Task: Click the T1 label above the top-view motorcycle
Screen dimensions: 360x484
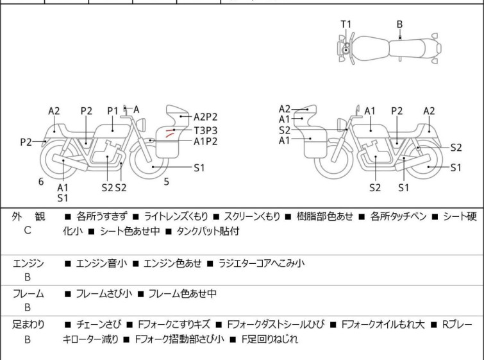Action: [x=346, y=24]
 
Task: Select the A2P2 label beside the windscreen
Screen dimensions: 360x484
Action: [x=206, y=117]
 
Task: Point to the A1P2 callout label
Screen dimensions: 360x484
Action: [x=206, y=142]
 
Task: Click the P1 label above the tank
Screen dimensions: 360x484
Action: [x=113, y=110]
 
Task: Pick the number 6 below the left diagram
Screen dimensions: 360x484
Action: [x=41, y=182]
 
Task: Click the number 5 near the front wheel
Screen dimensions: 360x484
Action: [x=166, y=182]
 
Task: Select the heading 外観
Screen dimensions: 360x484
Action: [x=28, y=216]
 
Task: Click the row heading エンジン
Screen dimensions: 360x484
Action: [x=28, y=263]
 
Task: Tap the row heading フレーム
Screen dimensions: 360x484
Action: [x=28, y=294]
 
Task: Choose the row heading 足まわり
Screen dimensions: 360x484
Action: [x=28, y=325]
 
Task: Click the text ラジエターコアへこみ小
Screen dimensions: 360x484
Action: [x=262, y=263]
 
